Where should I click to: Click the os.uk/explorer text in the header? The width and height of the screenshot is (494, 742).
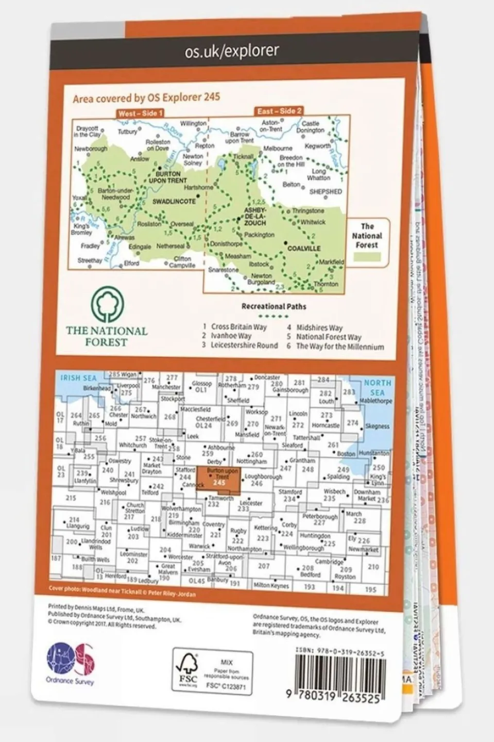click(x=232, y=51)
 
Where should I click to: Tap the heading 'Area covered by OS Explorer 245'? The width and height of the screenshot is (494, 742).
click(x=146, y=97)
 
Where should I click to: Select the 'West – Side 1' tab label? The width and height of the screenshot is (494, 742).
click(x=140, y=113)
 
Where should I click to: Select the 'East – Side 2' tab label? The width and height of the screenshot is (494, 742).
click(x=279, y=111)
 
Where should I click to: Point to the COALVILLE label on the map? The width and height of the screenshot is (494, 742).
click(x=304, y=248)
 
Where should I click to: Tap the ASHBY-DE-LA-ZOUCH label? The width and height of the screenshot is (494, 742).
click(x=255, y=216)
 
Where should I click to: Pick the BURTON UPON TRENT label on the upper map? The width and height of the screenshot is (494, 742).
click(x=168, y=177)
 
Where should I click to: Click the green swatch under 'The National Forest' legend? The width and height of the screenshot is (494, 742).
click(x=367, y=257)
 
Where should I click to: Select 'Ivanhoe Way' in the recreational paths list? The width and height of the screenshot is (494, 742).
click(x=231, y=336)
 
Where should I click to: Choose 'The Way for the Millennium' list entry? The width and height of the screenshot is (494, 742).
click(x=339, y=347)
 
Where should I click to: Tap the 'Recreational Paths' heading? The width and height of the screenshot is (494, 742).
click(x=274, y=306)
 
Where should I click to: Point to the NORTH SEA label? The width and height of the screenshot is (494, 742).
click(x=378, y=387)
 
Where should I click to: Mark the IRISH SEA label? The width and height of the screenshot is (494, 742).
click(x=78, y=378)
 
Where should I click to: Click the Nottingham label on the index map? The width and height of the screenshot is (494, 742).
click(x=252, y=461)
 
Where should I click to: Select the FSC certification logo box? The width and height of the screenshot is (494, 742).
click(x=212, y=672)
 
